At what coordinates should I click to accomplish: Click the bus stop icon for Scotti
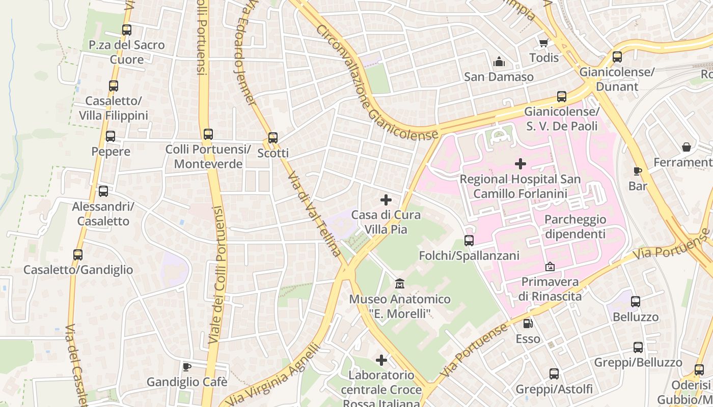(273, 137)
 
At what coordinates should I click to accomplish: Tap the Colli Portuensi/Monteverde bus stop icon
(208, 134)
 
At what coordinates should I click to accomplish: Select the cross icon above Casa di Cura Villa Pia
(386, 200)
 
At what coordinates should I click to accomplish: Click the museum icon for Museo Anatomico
(400, 283)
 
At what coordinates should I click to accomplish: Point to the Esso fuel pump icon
(528, 323)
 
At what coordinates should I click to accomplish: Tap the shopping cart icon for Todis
(543, 43)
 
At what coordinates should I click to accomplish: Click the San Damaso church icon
(499, 62)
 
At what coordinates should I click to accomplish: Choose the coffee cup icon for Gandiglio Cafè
(187, 366)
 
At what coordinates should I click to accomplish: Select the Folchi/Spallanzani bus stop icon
(469, 240)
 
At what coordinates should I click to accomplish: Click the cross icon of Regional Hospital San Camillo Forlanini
(520, 164)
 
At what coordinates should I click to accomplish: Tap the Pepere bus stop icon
(111, 136)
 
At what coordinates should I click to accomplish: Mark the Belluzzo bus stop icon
(635, 302)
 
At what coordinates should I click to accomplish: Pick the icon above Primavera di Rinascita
(550, 267)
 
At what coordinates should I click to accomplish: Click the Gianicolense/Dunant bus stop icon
(617, 57)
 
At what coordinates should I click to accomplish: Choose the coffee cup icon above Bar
(638, 171)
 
